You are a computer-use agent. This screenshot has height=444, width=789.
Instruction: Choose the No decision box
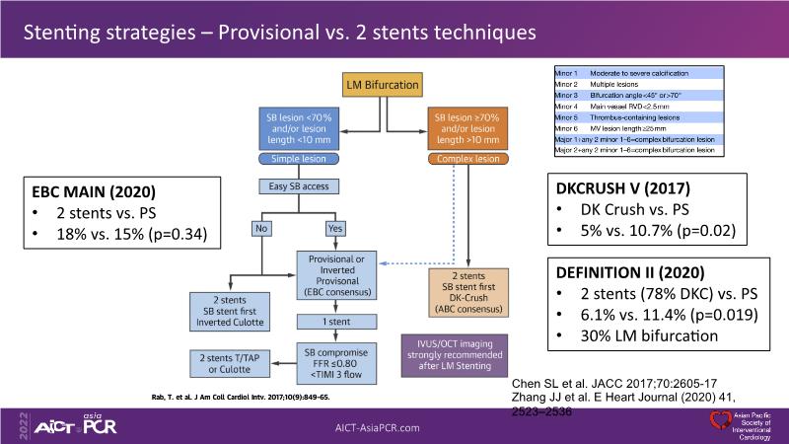click(261, 228)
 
